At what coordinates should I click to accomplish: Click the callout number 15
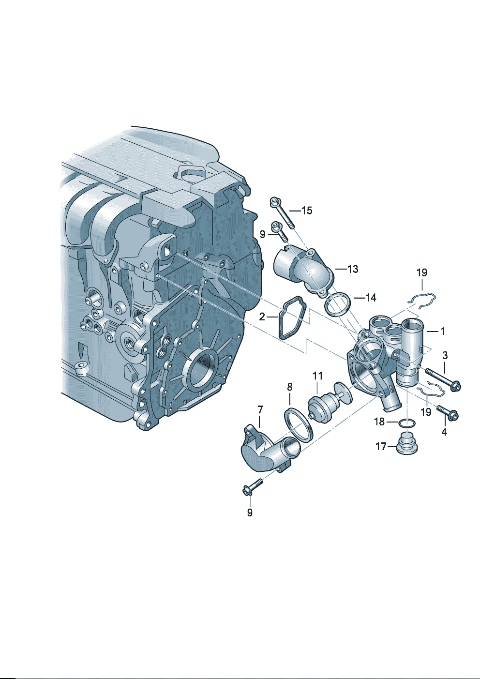point(307,211)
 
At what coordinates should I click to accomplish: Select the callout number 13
point(352,269)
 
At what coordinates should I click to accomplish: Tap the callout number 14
point(370,298)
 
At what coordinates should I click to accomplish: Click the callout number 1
point(442,332)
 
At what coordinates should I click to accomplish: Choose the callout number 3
point(445,355)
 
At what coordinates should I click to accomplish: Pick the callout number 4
point(444,432)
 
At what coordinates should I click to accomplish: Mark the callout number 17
point(381,447)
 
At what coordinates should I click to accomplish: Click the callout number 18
point(379,422)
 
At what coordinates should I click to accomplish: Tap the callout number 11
point(317,376)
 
